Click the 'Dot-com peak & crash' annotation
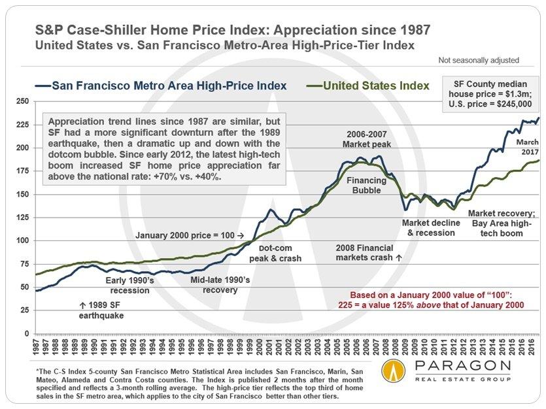coord(279,254)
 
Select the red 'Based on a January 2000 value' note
coord(432,299)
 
